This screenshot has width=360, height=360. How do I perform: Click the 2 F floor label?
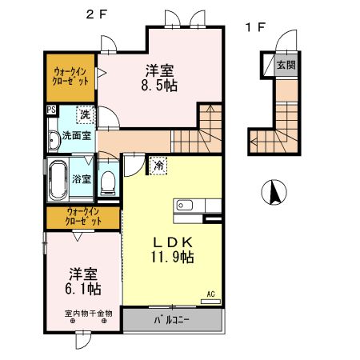click(x=96, y=14)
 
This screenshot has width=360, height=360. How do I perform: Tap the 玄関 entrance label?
click(x=285, y=65)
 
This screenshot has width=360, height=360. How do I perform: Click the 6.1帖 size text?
click(x=83, y=287)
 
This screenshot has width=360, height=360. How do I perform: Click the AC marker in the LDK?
click(x=212, y=294)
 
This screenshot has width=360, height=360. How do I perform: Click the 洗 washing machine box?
click(x=84, y=114)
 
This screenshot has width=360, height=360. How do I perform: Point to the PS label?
click(x=51, y=111)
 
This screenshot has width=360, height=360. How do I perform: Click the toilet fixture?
click(x=109, y=180)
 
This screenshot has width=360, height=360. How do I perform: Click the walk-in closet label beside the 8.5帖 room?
click(x=67, y=75)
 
